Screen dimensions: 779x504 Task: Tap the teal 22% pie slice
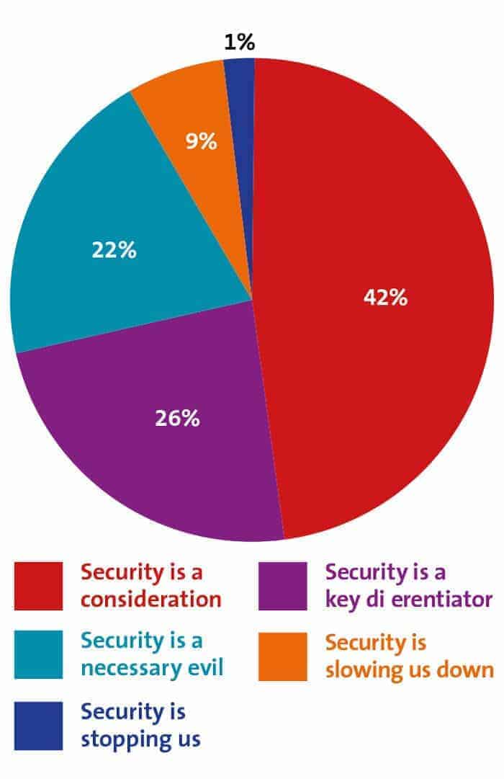[86, 216]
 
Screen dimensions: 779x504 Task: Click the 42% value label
[386, 298]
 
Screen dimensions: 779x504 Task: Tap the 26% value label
[177, 418]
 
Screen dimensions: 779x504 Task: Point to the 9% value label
[201, 141]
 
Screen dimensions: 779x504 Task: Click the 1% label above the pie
[240, 43]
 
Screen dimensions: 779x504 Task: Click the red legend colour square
[38, 586]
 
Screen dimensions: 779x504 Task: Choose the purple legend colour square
[282, 586]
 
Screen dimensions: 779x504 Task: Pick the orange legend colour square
[282, 656]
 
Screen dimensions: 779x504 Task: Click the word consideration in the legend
[151, 599]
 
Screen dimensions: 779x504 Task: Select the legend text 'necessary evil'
[152, 668]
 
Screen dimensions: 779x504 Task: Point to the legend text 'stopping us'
[140, 739]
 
